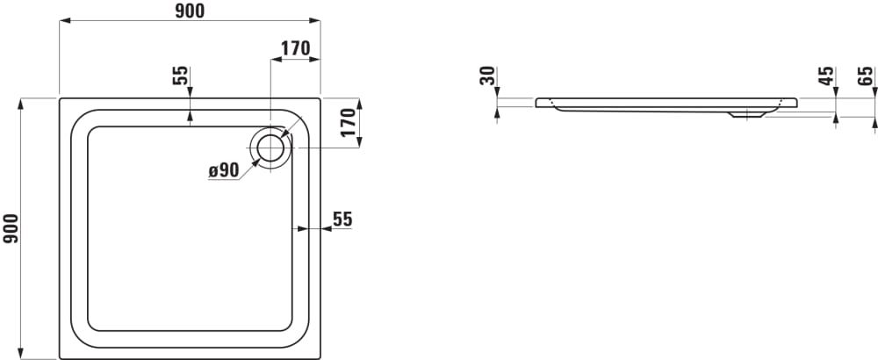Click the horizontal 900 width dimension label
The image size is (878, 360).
[190, 11]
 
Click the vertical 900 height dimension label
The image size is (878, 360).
[11, 228]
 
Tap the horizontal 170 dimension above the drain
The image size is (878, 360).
[295, 48]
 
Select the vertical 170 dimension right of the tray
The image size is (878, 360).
[348, 123]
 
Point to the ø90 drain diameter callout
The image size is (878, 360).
[224, 170]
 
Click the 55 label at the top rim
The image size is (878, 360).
[180, 76]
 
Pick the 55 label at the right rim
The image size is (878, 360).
[342, 220]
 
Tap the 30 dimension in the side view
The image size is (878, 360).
[488, 76]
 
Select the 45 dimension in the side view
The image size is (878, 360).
[826, 76]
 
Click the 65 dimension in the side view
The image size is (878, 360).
[865, 76]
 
